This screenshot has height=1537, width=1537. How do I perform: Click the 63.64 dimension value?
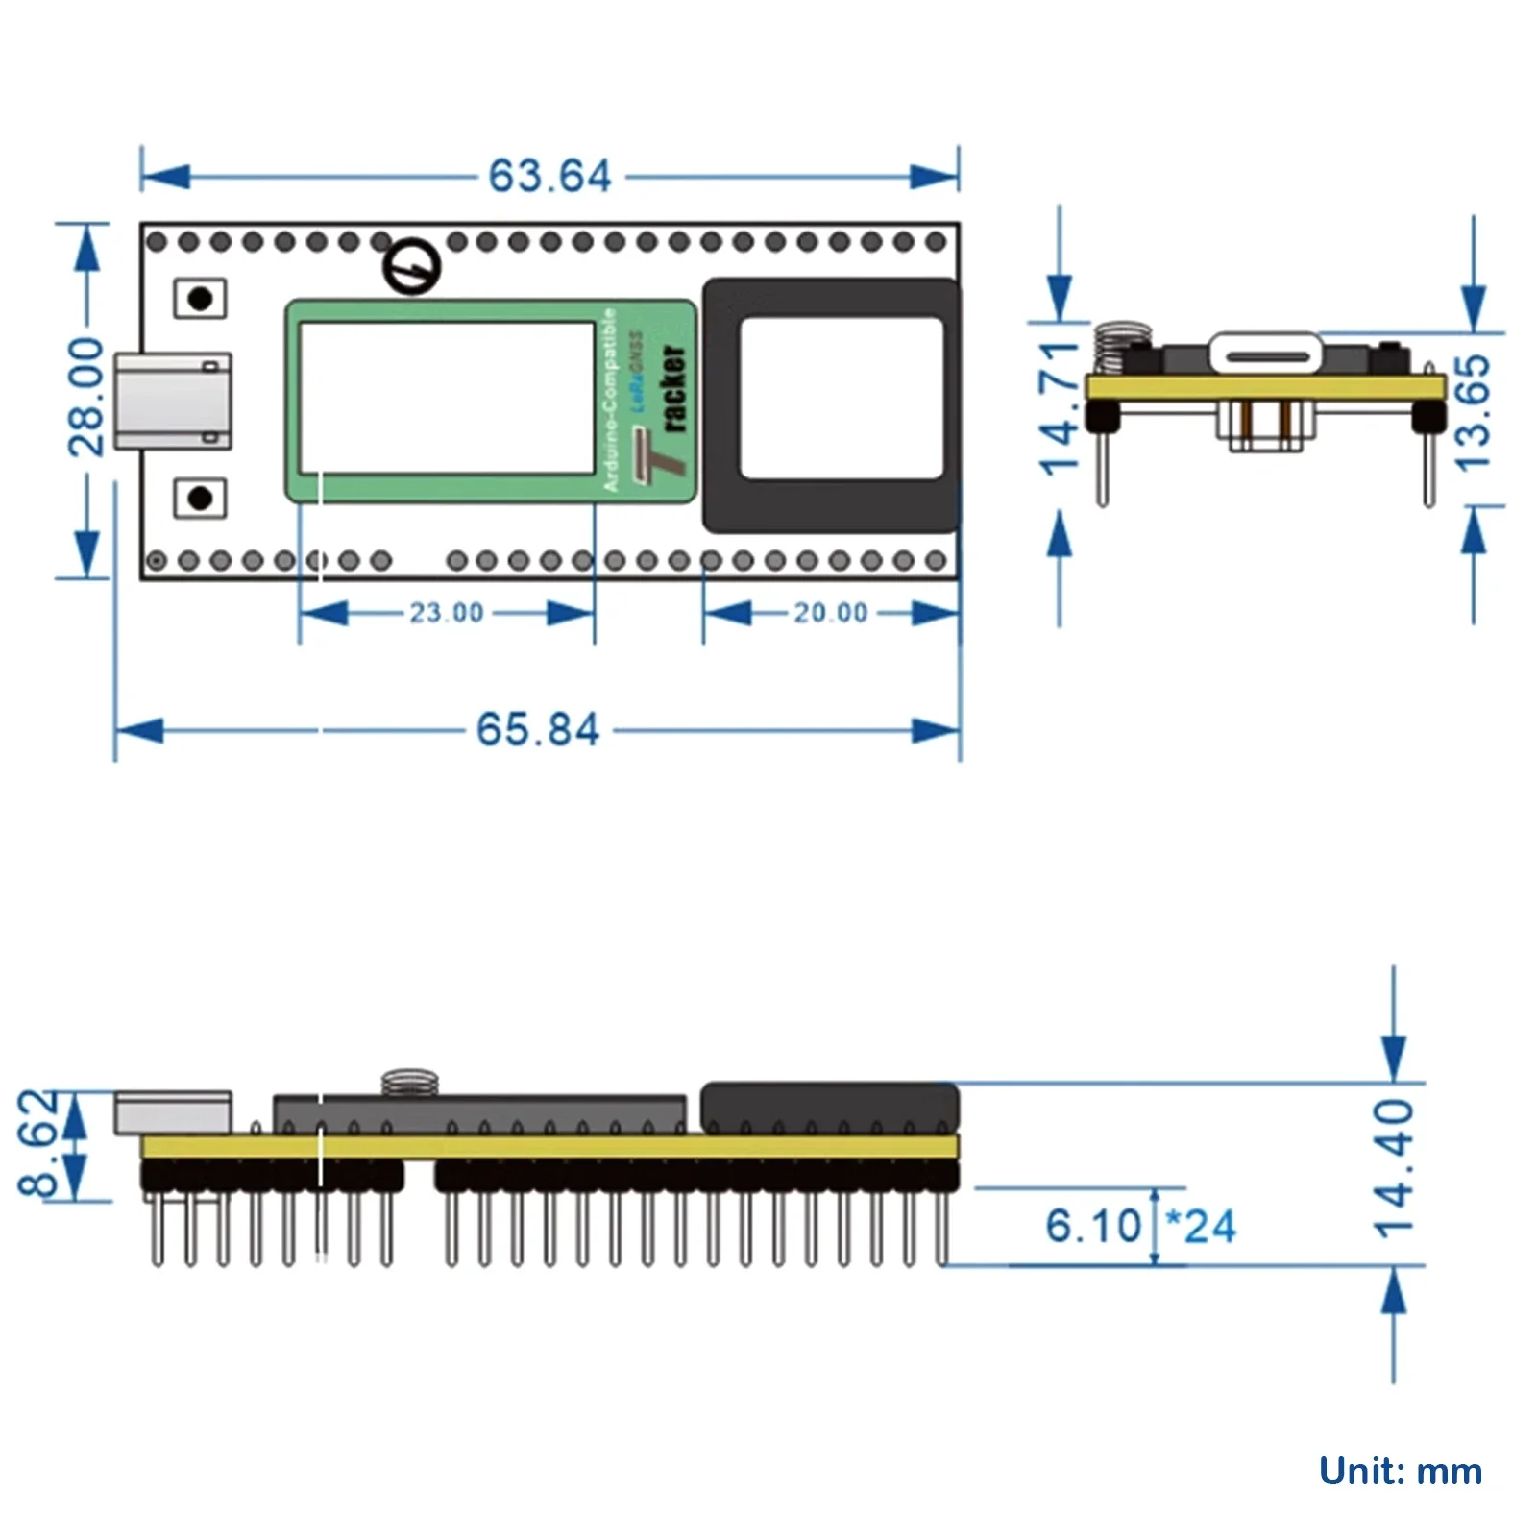coord(549,177)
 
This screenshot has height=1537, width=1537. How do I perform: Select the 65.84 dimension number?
coord(538,730)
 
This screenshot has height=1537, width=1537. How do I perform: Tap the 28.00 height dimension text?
coord(86,396)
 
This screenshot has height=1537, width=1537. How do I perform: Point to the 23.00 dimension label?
coord(447,613)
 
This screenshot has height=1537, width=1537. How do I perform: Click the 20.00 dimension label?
coord(830,613)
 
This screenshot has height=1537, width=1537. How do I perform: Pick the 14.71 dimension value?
coord(1061,407)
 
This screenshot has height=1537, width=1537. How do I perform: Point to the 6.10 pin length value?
coord(1093,1227)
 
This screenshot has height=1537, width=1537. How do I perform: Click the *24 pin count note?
coord(1201,1227)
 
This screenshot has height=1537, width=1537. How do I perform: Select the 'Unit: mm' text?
coord(1401,1471)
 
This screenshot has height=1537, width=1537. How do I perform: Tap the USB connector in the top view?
coord(173,401)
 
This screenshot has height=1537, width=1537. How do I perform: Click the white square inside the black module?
coord(842,398)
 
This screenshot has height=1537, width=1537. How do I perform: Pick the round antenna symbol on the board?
coord(412,267)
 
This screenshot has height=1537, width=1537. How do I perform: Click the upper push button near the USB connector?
coord(200,299)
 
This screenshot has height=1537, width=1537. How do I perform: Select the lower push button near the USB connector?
coord(200,499)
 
